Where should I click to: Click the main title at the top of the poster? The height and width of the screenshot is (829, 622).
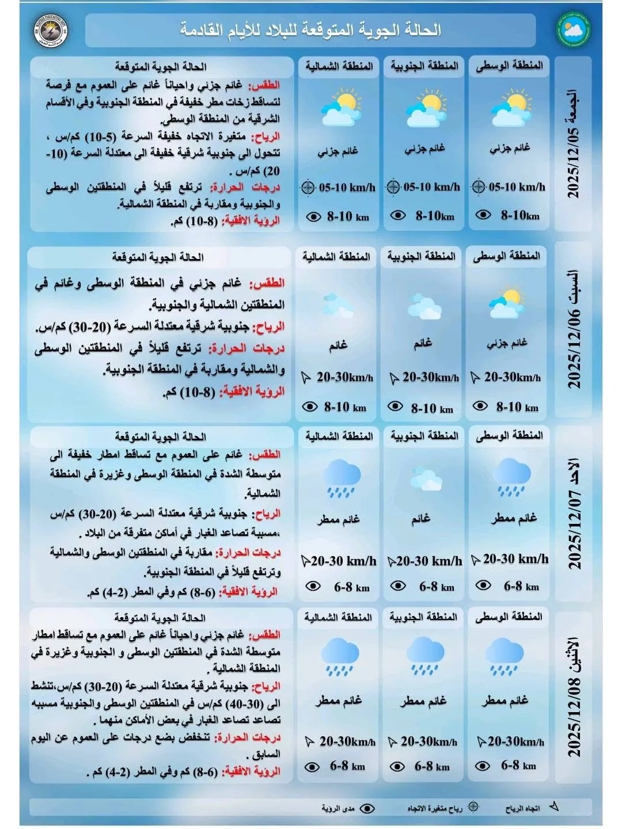pos(311,30)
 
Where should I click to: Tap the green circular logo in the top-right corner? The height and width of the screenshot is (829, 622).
pos(574,30)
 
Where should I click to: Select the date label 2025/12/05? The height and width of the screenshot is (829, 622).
pos(574,144)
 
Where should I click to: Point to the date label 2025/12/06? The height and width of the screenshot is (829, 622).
pos(574,331)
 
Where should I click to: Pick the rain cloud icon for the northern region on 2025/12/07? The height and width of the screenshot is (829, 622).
pos(341,478)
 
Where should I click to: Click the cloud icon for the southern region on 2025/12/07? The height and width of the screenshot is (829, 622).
pos(426,480)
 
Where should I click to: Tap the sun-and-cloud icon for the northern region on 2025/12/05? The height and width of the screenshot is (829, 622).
pos(339,108)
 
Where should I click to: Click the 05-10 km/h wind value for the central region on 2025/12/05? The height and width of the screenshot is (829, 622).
pos(517,187)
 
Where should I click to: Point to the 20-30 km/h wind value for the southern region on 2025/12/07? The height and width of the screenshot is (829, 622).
pos(429,561)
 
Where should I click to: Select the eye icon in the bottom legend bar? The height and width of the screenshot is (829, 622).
pos(367,808)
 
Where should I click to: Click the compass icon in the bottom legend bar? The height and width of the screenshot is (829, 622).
pos(473,807)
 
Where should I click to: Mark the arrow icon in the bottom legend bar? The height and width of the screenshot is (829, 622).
pos(554,807)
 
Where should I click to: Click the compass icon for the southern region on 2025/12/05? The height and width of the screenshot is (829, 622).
pos(393,187)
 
